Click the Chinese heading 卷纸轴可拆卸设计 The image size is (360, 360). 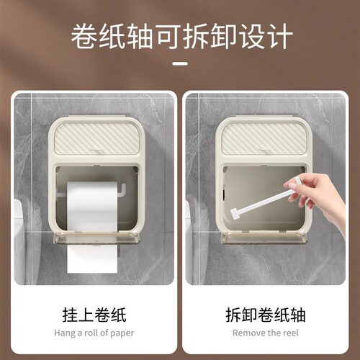pyautogui.click(x=180, y=37)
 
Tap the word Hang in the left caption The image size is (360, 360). pyautogui.click(x=64, y=333)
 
